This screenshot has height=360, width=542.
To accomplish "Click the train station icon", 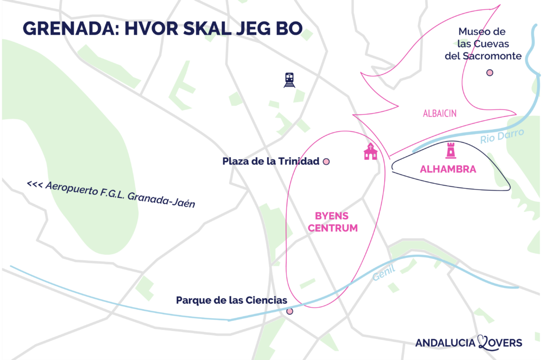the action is (x=289, y=80).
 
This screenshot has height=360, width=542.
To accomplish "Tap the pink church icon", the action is (x=371, y=151).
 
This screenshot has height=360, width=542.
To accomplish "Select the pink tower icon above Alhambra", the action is (x=450, y=150).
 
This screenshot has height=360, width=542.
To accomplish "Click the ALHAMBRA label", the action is (x=448, y=169).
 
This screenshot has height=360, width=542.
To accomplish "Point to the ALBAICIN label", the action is (x=440, y=113).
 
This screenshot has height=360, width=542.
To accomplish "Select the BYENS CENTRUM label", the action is (x=336, y=222).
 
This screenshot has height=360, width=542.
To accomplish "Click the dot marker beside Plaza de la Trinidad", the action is (x=326, y=161).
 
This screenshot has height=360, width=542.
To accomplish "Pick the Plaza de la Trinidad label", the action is (x=271, y=161).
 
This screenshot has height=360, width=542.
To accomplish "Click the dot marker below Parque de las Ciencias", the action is (x=290, y=311).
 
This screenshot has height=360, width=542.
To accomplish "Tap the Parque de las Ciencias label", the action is (x=231, y=301).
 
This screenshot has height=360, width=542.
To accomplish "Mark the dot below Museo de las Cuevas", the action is (x=490, y=73).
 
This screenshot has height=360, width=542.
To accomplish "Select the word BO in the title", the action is (x=291, y=29).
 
